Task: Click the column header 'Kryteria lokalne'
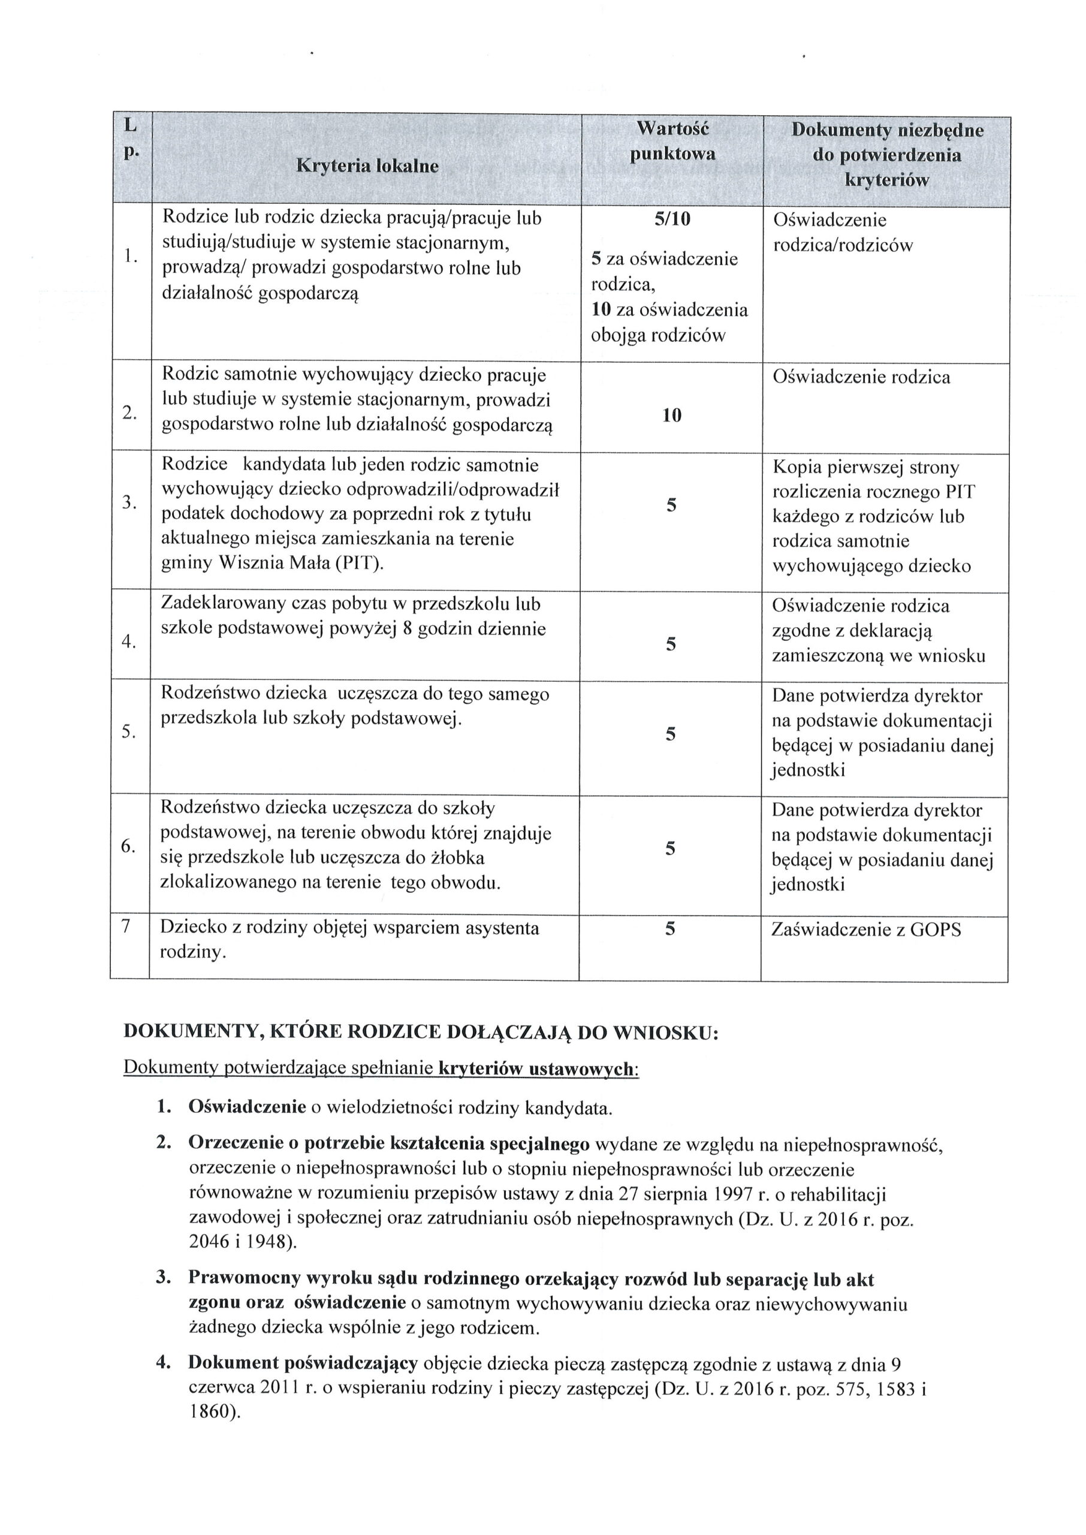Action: [367, 166]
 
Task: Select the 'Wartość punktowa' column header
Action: [672, 140]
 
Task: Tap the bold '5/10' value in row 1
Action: [672, 219]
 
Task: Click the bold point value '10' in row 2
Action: [671, 416]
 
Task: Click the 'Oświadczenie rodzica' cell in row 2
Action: [861, 377]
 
